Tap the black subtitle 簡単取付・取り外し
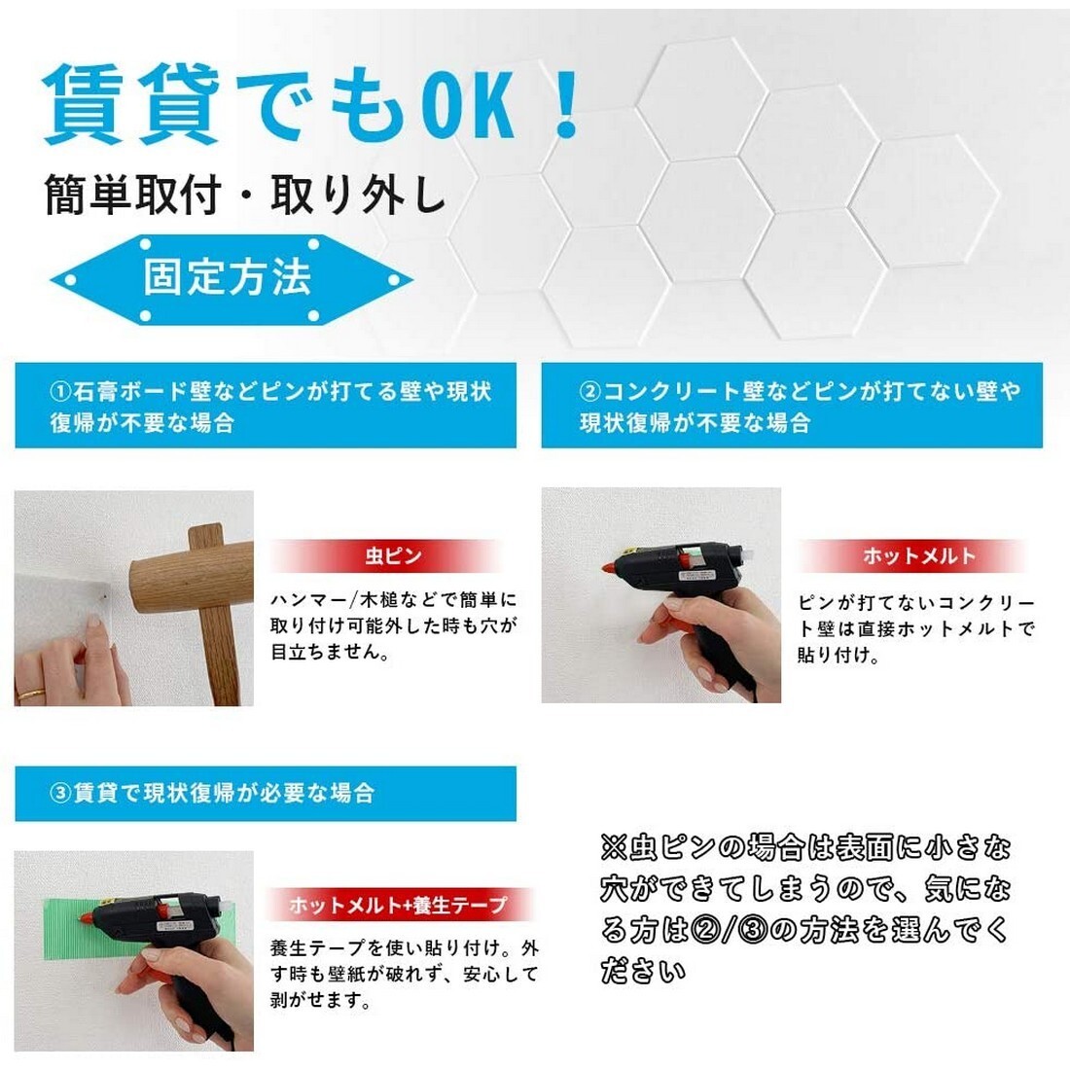click(245, 196)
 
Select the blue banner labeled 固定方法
click(230, 278)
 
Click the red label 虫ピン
click(392, 556)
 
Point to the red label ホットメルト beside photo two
click(917, 556)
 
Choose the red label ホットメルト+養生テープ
click(399, 905)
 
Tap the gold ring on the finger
click(31, 694)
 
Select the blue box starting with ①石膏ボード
click(265, 406)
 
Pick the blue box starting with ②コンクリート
click(792, 406)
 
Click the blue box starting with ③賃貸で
click(265, 793)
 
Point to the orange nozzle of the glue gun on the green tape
click(89, 916)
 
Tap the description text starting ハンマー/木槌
click(393, 626)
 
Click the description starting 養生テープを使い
click(403, 974)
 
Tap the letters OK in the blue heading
click(473, 103)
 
